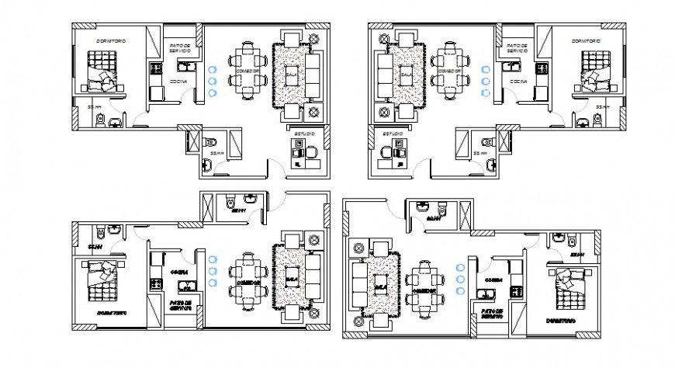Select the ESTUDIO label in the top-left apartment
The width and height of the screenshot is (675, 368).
[304, 134]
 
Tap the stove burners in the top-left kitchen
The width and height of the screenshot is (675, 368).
[154, 71]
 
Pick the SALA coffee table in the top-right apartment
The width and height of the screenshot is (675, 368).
[404, 75]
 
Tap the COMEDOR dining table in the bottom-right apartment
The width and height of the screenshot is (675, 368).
[424, 286]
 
